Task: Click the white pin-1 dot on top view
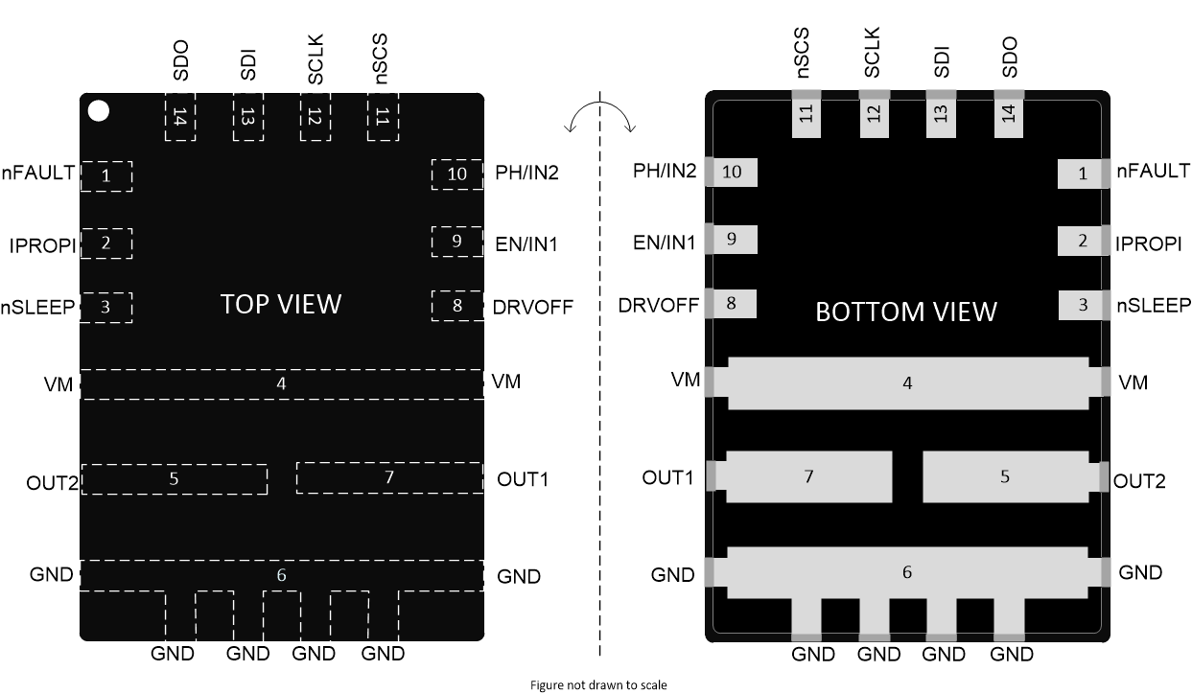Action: tap(98, 110)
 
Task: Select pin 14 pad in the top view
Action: tap(180, 118)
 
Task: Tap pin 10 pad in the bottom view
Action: tap(732, 173)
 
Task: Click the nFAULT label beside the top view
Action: tap(38, 173)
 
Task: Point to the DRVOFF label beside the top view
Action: tap(532, 307)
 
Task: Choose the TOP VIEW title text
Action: tap(280, 304)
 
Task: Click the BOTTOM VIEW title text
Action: tap(905, 312)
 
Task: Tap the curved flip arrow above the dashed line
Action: tap(600, 118)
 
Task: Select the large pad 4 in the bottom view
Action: tap(907, 383)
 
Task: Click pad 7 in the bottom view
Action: tap(808, 476)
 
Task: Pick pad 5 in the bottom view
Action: tap(1005, 476)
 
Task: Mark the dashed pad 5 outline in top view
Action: tap(174, 478)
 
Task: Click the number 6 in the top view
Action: tap(281, 575)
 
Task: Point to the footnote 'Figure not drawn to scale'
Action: tap(598, 684)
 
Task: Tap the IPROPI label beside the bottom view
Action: tap(1148, 243)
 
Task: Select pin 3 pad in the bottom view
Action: tap(1084, 306)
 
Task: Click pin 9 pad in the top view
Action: tap(457, 242)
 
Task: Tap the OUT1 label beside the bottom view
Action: tap(667, 477)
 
